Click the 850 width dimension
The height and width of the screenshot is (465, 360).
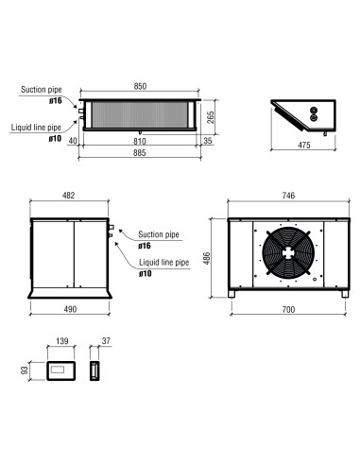140,86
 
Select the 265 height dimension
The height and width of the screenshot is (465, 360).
211,117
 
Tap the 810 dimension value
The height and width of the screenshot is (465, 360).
140,142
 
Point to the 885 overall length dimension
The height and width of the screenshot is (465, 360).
140,153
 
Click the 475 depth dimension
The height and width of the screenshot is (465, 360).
304,145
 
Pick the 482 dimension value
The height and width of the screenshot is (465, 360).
69,196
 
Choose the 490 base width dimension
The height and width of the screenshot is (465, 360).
70,309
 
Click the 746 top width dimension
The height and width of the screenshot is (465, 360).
288,196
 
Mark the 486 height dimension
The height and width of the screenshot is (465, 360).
207,258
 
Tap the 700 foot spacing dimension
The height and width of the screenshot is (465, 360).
288,310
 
